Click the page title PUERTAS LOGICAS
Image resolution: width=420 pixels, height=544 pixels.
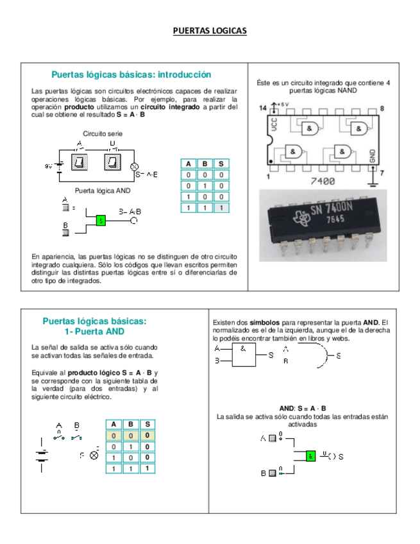tap(210, 31)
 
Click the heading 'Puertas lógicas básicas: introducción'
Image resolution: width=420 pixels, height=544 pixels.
tap(131, 75)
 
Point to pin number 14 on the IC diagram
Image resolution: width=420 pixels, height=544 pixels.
tap(262, 109)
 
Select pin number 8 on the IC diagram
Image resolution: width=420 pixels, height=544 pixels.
tap(382, 108)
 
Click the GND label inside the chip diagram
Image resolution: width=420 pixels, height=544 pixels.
tap(372, 157)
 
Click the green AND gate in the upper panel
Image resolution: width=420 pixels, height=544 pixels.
tap(100, 220)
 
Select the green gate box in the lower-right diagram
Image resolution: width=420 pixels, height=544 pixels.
tap(310, 456)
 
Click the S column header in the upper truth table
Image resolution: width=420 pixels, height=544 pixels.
tap(221, 164)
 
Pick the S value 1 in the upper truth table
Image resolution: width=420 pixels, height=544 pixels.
tap(221, 208)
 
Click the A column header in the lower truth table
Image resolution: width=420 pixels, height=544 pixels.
tap(114, 424)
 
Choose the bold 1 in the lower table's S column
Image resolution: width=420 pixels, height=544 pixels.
tap(147, 468)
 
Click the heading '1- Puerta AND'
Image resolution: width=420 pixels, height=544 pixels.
tap(94, 332)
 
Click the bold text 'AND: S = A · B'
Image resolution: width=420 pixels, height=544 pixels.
tap(303, 409)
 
